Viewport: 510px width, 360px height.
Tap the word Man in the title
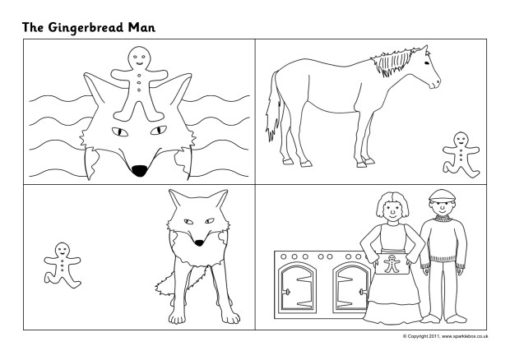[x=141, y=27]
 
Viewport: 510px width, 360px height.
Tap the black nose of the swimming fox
[x=141, y=171]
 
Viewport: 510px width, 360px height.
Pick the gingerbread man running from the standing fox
[x=63, y=264]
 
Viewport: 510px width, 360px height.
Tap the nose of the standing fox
[x=197, y=241]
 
